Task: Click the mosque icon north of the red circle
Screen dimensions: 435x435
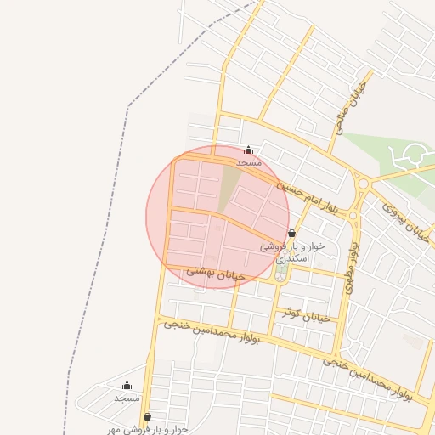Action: click(x=248, y=150)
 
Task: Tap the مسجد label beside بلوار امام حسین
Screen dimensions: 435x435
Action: click(x=249, y=161)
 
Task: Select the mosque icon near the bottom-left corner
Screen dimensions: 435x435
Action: click(x=127, y=386)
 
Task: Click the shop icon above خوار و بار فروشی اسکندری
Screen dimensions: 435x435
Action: click(x=292, y=233)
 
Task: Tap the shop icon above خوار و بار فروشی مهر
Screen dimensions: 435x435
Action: click(x=149, y=416)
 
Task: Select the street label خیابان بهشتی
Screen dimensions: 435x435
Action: click(x=216, y=273)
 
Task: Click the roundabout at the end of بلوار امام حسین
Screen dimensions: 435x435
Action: click(x=364, y=183)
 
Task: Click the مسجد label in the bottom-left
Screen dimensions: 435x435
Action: click(x=127, y=398)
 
